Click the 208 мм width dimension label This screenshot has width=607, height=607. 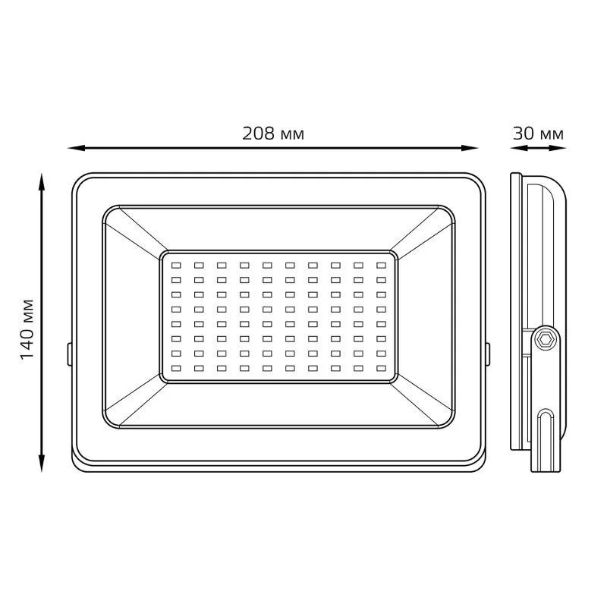tap(273, 134)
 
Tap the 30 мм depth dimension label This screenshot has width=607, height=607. tap(538, 134)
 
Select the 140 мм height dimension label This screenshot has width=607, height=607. tap(27, 329)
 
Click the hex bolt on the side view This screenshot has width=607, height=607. tap(546, 339)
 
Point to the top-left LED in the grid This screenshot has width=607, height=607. tap(176, 265)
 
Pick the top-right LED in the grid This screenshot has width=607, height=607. tap(382, 265)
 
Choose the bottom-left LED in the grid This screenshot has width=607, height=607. tap(176, 368)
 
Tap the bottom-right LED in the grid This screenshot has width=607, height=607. tap(382, 368)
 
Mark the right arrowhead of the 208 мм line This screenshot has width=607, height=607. tap(469, 148)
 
